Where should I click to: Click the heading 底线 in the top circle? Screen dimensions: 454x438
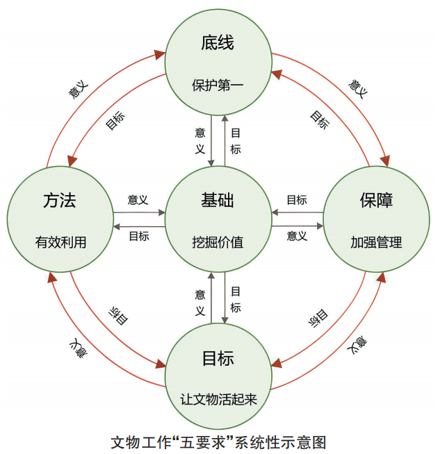[x=218, y=44]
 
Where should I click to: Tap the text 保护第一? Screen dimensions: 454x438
[x=218, y=86]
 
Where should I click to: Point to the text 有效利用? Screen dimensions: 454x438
[x=60, y=243]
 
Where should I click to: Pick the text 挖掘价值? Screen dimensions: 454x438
[x=218, y=243]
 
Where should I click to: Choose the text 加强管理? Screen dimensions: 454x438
[x=376, y=243]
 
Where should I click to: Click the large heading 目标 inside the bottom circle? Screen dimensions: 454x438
[x=218, y=359]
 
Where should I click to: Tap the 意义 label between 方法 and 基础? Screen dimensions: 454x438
[x=138, y=200]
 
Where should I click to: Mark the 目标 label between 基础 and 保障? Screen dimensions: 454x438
[x=297, y=200]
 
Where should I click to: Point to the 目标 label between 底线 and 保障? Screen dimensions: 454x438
[x=319, y=120]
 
